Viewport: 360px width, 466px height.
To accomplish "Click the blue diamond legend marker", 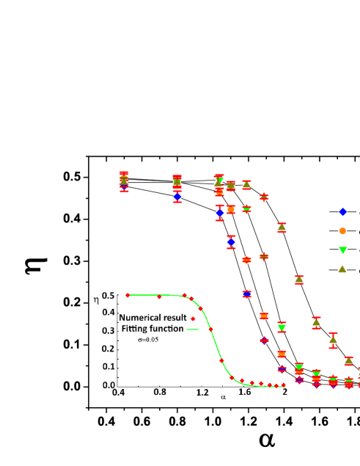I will click(342, 212).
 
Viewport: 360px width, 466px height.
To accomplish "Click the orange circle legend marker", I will click(342, 230).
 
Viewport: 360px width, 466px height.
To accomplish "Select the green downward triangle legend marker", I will click(342, 250).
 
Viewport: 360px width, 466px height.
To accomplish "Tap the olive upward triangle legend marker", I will click(342, 269).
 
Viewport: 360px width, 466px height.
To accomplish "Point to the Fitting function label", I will click(153, 329).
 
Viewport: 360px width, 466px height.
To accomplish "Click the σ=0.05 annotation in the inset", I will click(149, 340).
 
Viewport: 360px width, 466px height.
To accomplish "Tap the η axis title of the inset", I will click(96, 299).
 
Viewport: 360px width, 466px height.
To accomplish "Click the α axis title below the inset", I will click(223, 398).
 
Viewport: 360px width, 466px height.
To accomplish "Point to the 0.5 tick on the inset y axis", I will click(109, 295).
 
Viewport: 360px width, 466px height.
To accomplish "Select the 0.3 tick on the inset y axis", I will click(109, 331).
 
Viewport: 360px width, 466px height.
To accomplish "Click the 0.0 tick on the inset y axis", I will click(109, 385).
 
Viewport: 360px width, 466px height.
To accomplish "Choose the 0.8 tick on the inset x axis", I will click(159, 393).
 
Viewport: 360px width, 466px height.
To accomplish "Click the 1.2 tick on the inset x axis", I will click(202, 393).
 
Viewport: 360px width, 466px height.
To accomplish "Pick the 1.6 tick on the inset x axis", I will click(244, 393).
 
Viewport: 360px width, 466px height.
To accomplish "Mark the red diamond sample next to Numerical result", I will click(193, 318).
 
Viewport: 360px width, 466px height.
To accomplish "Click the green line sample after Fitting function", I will click(193, 330).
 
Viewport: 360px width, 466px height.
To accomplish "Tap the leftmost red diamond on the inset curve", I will click(128, 295).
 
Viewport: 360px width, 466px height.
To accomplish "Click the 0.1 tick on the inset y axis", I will click(109, 367).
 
